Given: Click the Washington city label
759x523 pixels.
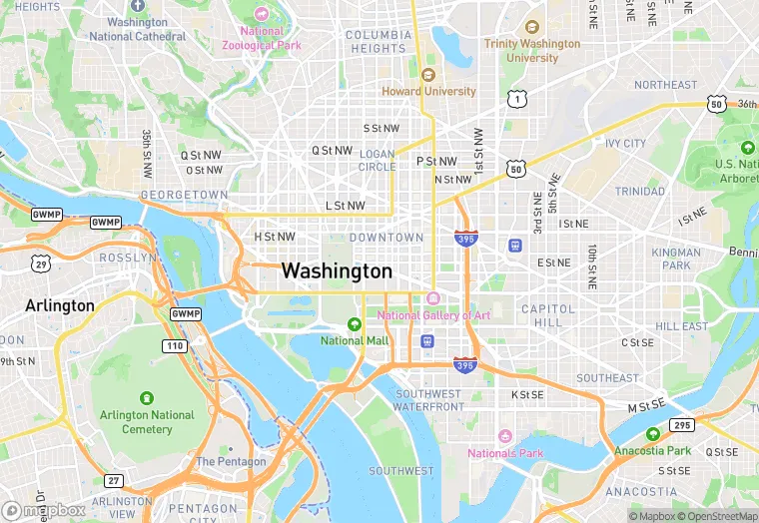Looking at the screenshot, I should [337, 270].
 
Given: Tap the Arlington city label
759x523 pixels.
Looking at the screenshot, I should [60, 305].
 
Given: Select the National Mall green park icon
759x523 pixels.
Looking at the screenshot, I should [354, 324].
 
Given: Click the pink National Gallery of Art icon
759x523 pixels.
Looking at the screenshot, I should [432, 298].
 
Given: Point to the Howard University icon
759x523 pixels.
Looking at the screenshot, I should [428, 75].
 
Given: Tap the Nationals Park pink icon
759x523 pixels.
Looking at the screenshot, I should [505, 436].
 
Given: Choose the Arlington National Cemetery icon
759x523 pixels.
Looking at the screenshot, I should [147, 397].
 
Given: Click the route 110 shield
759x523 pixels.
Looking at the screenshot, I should [175, 345].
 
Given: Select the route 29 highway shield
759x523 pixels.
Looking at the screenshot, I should [40, 262].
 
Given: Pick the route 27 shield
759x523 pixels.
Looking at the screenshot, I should [113, 481].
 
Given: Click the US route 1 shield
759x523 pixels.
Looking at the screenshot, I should [516, 98].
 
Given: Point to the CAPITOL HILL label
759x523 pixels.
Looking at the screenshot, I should [548, 315].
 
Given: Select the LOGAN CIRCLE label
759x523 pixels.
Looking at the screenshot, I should [377, 160].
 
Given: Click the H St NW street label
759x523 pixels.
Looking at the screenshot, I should [275, 237].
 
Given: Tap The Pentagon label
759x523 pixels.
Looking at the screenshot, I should [231, 462].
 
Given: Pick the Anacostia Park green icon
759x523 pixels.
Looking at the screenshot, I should [652, 434].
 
